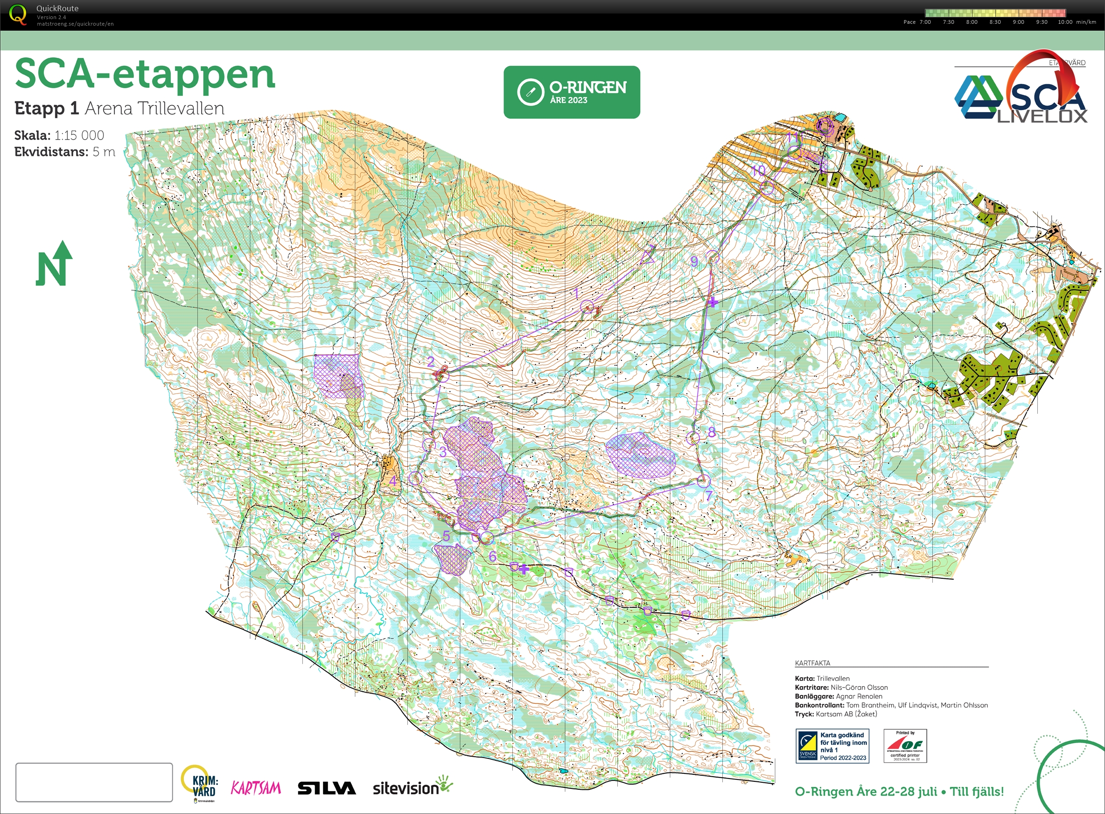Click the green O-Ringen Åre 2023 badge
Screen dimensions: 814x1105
click(572, 92)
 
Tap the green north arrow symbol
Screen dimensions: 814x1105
click(54, 264)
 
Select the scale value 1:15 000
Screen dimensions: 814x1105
click(79, 135)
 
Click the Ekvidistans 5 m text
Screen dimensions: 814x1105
click(64, 152)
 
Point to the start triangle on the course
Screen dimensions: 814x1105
click(648, 255)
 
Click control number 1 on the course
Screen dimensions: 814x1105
click(586, 307)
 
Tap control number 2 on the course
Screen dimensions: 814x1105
click(443, 376)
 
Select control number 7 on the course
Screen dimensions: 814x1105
click(704, 480)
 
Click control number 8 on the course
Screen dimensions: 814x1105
click(693, 437)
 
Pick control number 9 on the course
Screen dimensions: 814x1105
click(713, 257)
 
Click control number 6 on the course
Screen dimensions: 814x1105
click(487, 538)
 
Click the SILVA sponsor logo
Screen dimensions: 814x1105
click(326, 788)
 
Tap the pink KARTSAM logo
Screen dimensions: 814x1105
click(256, 788)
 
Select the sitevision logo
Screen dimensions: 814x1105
click(412, 787)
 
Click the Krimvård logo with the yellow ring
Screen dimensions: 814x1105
click(200, 784)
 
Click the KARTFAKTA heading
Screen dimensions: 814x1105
click(812, 663)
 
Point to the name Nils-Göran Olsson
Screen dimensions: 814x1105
click(859, 688)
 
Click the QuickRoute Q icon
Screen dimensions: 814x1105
click(18, 14)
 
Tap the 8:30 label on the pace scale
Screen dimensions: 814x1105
click(995, 22)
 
